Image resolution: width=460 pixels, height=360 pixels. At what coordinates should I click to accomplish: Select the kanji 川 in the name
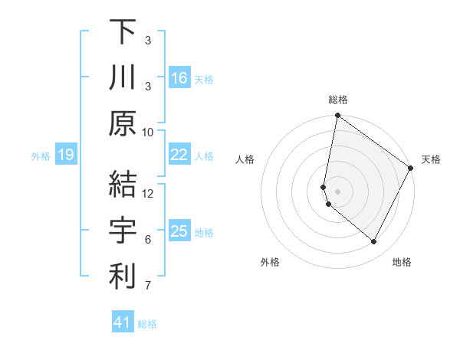tap(122, 77)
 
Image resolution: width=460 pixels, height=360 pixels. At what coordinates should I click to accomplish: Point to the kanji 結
tap(122, 185)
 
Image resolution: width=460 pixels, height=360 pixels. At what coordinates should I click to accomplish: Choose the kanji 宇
tap(122, 231)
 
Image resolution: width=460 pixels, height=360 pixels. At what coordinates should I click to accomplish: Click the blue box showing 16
tap(179, 78)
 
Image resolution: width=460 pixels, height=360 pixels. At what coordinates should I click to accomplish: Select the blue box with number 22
tap(179, 155)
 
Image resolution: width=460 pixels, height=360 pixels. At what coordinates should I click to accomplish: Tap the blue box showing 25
tap(179, 231)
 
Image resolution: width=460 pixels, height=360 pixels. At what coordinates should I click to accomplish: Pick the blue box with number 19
tap(65, 155)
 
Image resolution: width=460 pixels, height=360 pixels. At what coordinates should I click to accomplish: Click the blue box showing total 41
tap(122, 322)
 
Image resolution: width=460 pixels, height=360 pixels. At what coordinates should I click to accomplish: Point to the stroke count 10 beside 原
tap(148, 132)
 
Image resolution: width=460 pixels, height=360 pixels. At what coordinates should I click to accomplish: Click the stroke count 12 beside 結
tap(148, 193)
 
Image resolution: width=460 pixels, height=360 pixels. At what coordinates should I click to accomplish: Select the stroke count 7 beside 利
tap(148, 286)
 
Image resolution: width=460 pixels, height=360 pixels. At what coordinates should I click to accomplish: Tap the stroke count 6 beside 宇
tap(148, 240)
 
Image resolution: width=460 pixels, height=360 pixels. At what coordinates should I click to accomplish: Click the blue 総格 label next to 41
tap(147, 324)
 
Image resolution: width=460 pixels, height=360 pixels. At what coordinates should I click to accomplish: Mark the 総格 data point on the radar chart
tap(337, 116)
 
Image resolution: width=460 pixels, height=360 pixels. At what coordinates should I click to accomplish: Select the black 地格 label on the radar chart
tap(402, 262)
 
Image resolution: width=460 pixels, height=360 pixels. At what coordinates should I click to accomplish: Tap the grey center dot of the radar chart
tap(337, 191)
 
